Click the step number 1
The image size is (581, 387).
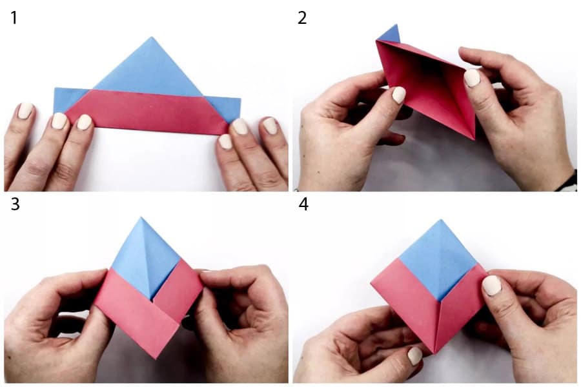[x=14, y=18]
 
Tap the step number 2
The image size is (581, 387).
[x=302, y=18]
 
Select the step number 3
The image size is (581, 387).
[x=15, y=204]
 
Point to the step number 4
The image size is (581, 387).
[x=303, y=204]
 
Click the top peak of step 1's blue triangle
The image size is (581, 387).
[x=151, y=37]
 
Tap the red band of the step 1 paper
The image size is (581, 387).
[x=147, y=112]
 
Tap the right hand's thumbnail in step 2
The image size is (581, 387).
[x=472, y=78]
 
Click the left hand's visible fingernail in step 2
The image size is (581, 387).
[x=399, y=95]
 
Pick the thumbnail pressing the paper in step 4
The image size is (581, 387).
[x=492, y=286]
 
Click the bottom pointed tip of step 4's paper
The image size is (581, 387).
[x=434, y=352]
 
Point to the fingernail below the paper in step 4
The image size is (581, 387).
[x=415, y=356]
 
